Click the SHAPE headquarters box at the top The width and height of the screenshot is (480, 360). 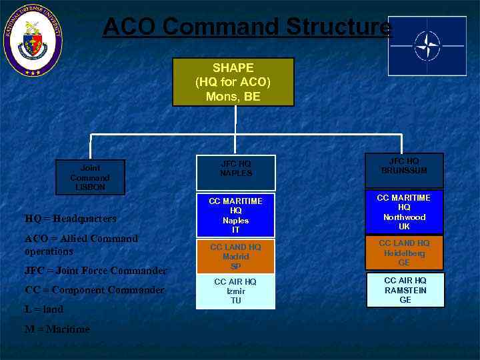[x=233, y=81]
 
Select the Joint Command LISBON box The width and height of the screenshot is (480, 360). [x=89, y=177]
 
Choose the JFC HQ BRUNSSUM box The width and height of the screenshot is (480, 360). [x=403, y=170]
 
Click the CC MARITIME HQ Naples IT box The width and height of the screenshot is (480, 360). [x=235, y=215]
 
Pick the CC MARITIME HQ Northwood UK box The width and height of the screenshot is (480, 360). [x=404, y=212]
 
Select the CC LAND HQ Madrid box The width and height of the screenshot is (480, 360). [x=235, y=257]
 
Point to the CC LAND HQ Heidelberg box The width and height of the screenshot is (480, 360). [x=404, y=253]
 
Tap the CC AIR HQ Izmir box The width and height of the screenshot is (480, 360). [x=235, y=291]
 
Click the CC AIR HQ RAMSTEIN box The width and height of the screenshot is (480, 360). [x=405, y=290]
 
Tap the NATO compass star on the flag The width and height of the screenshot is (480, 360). [x=427, y=45]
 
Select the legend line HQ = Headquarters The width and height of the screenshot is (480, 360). [x=71, y=219]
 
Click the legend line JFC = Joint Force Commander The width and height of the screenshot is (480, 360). [x=95, y=271]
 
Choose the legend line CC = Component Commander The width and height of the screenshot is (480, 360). [x=94, y=290]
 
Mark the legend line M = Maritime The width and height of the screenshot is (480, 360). [x=57, y=329]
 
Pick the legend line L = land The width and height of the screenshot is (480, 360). [x=44, y=309]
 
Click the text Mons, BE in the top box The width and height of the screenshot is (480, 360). [x=233, y=96]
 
